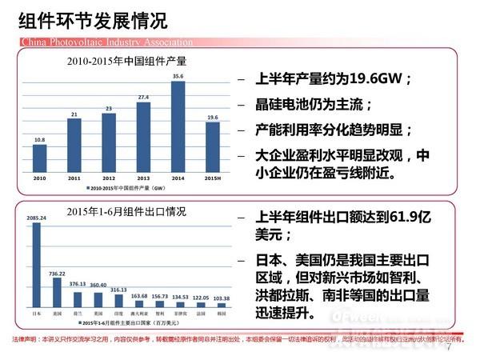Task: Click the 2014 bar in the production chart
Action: click(178, 126)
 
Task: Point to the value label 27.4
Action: click(143, 97)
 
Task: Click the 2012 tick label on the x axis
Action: click(108, 177)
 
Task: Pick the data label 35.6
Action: click(178, 77)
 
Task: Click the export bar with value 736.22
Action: click(57, 290)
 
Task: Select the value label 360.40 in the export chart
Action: click(98, 285)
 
